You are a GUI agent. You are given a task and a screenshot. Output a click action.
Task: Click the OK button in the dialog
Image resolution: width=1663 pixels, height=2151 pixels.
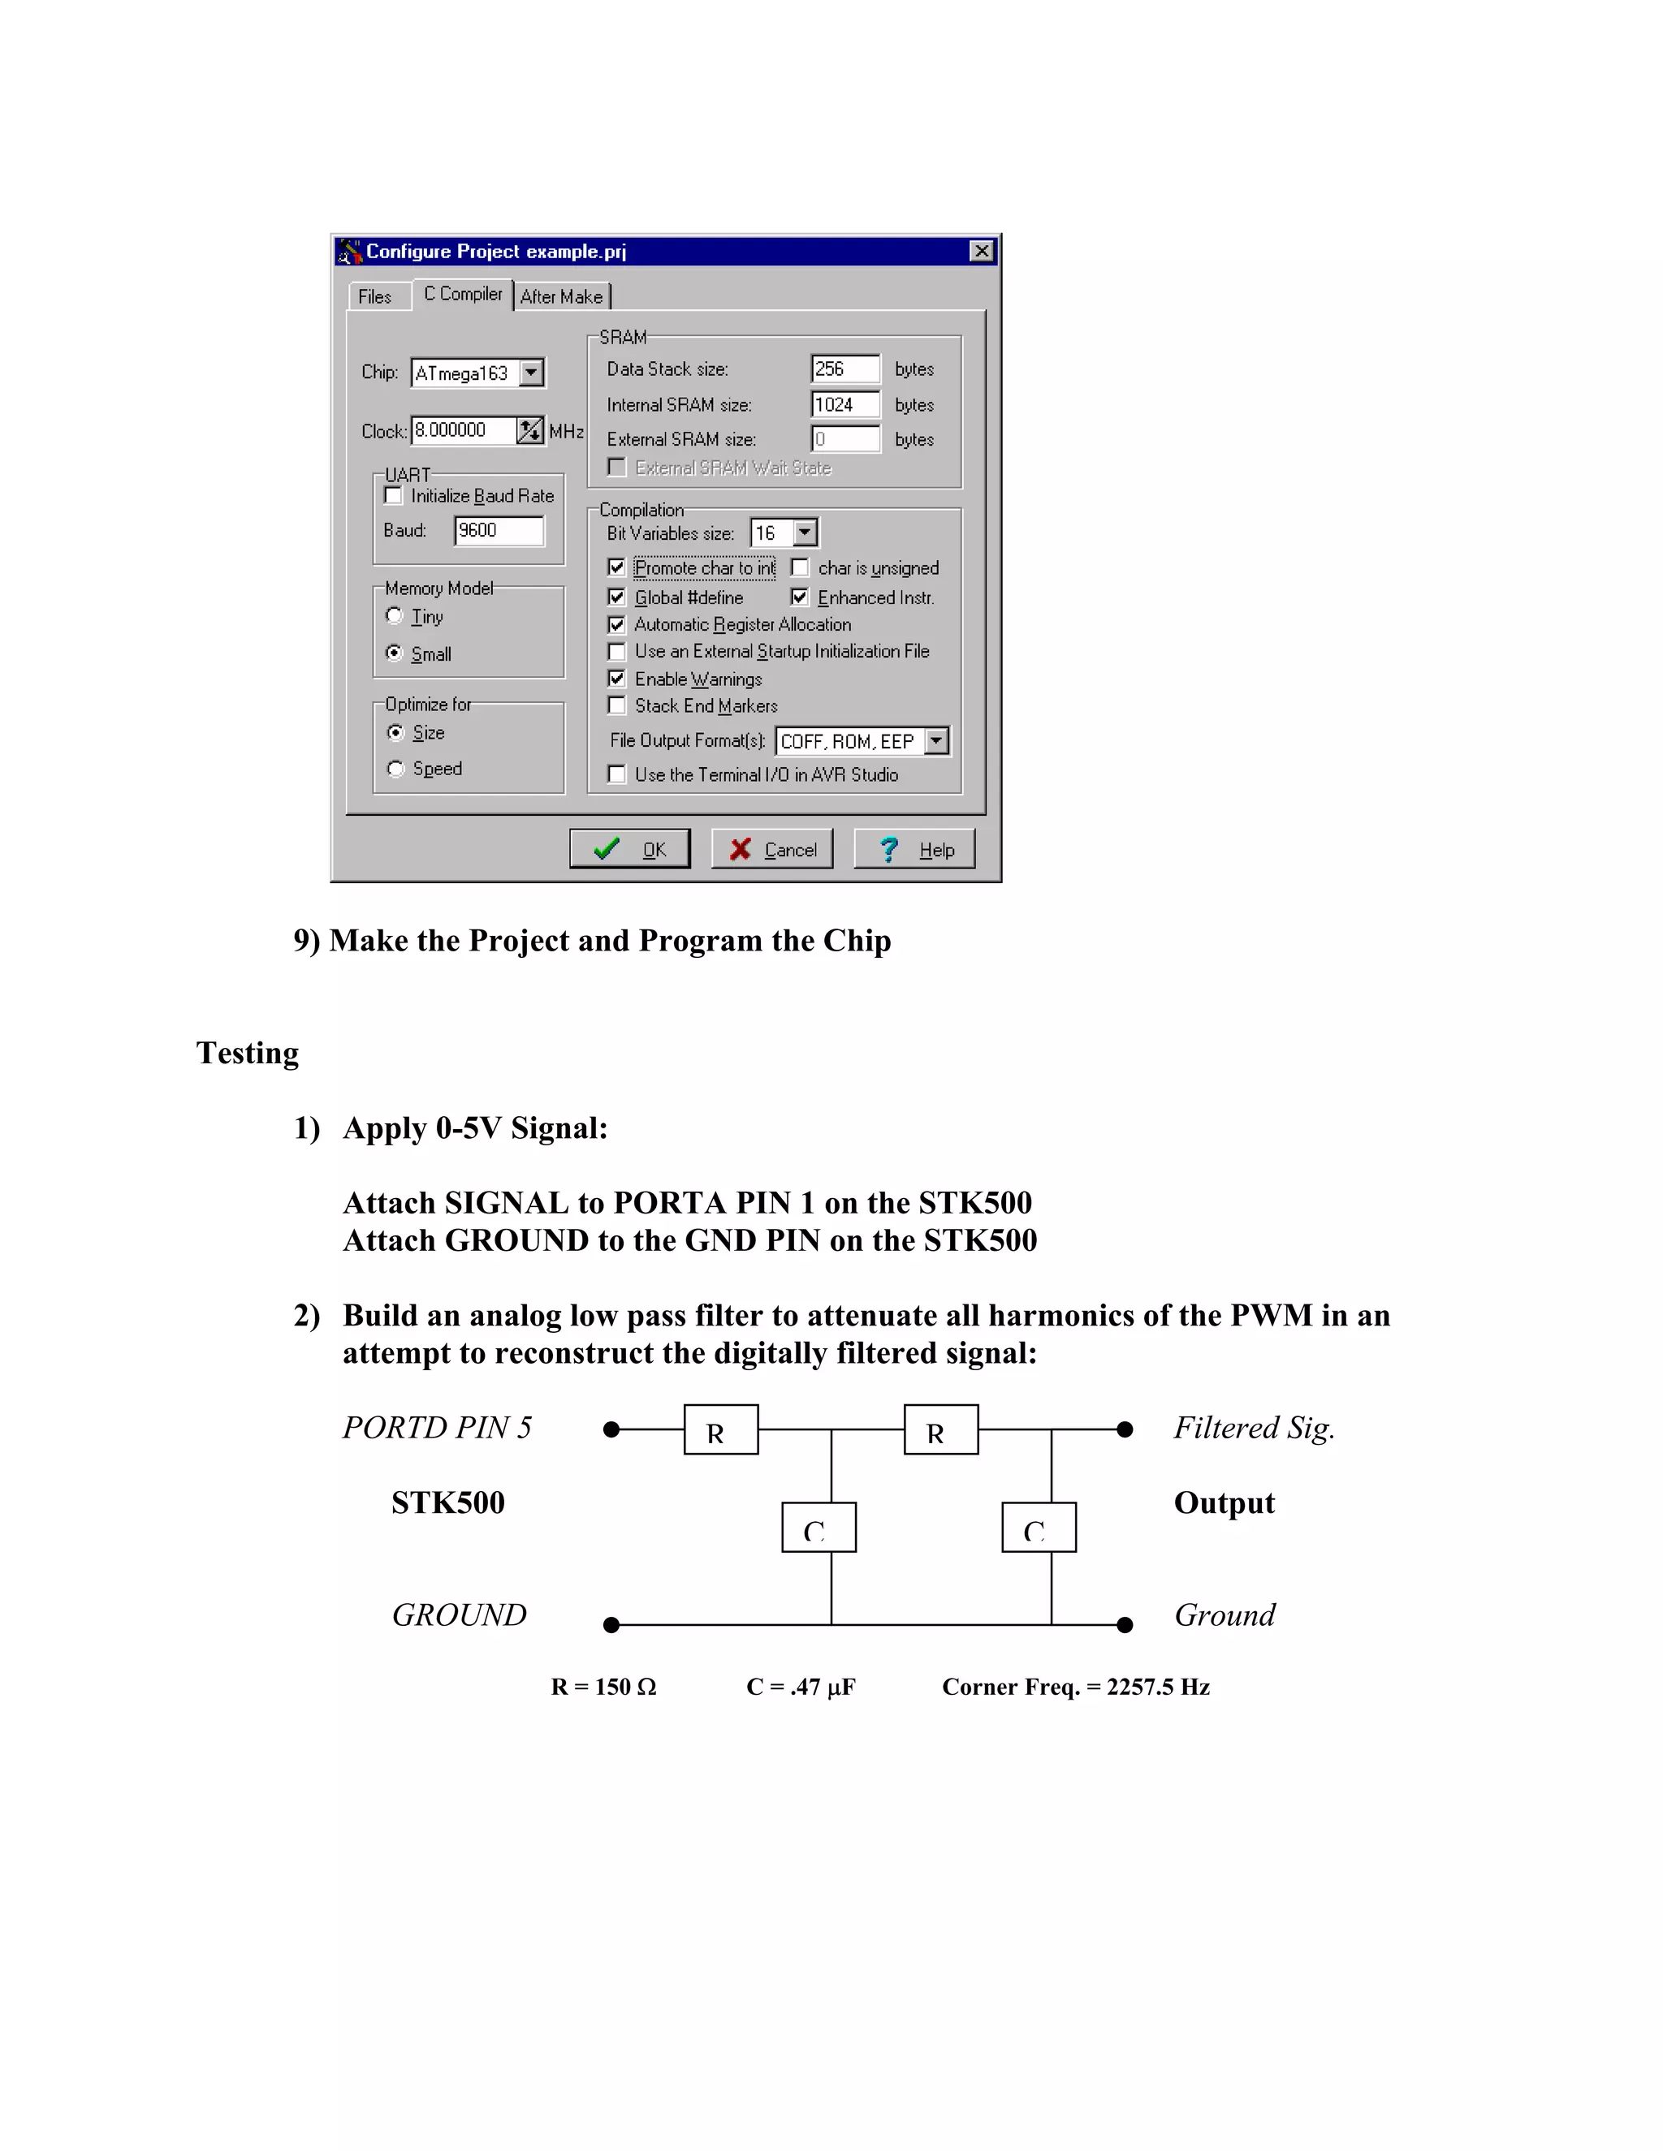tap(629, 849)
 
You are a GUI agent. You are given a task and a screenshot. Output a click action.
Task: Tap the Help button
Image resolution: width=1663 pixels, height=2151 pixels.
tap(914, 849)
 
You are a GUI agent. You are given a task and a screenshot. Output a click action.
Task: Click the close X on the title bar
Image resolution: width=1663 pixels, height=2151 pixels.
tap(981, 251)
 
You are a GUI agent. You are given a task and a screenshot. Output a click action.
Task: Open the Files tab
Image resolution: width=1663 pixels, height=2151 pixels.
tap(374, 296)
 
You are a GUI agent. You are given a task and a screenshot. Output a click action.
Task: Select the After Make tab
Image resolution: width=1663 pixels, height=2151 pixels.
tap(560, 296)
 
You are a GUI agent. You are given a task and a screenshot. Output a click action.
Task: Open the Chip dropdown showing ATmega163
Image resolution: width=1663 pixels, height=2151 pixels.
tap(531, 373)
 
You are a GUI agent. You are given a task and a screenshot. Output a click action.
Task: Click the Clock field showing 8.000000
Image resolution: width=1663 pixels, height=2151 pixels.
tap(462, 430)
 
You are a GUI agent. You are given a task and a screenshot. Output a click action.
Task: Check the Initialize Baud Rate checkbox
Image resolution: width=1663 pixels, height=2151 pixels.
tap(394, 495)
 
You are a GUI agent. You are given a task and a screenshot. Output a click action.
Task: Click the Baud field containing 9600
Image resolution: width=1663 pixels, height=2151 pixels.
tap(499, 531)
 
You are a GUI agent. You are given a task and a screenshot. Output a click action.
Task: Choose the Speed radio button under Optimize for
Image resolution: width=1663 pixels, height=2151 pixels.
tap(396, 768)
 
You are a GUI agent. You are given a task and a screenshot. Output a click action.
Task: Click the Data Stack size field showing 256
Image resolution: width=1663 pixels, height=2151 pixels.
tap(844, 369)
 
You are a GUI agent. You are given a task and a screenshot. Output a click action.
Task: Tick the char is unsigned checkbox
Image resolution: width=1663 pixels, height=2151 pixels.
tap(800, 568)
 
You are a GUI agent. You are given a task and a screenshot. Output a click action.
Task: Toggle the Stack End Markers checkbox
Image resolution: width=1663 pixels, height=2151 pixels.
tap(617, 705)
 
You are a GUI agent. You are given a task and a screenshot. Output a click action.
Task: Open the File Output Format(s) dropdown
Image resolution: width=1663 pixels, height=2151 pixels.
tap(937, 740)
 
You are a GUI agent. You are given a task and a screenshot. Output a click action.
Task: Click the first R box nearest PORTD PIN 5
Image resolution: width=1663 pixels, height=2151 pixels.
tap(721, 1429)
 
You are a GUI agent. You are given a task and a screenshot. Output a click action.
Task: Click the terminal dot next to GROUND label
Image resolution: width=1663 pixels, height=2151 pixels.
tap(611, 1624)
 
